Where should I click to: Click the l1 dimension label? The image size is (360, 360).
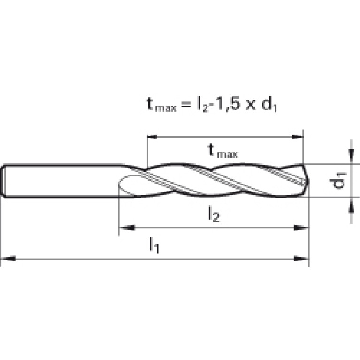click(154, 245)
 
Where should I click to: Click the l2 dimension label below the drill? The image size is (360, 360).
click(214, 214)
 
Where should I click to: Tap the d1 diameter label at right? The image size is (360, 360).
click(338, 180)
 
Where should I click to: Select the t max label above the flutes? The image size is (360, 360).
click(222, 151)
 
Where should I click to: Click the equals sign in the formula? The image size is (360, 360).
click(186, 106)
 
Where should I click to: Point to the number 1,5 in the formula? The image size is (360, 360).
click(226, 104)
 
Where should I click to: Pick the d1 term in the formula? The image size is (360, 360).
click(269, 105)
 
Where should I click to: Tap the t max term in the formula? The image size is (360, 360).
click(161, 105)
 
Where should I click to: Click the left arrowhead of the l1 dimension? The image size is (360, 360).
click(8, 259)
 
